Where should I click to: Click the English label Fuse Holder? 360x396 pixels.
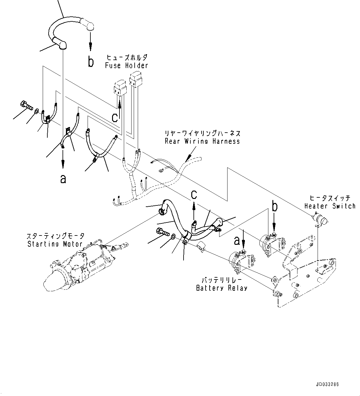pos(126,65)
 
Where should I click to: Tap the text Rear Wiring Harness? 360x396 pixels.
pos(202,141)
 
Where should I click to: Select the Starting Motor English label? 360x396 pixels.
pos(55,244)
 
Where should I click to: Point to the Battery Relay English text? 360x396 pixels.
pos(222,288)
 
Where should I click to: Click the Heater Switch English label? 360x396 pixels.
pos(330,206)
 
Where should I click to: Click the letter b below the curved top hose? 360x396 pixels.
pos(90,62)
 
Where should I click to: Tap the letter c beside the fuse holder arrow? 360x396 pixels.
pos(115,117)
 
